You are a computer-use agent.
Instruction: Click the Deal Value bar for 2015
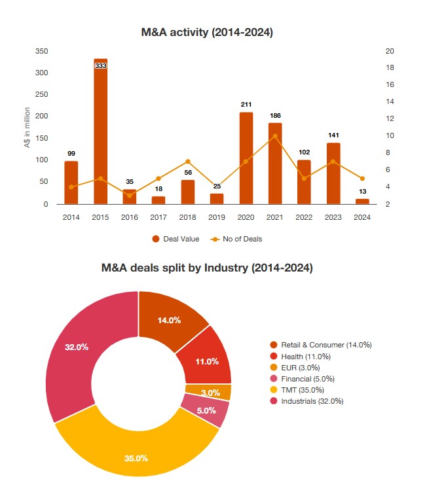click(x=100, y=131)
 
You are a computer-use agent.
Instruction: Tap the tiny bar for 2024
click(x=362, y=202)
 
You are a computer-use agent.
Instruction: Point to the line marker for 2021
click(x=275, y=136)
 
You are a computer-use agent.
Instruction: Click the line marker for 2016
click(x=130, y=196)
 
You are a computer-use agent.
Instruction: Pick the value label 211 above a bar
click(x=246, y=105)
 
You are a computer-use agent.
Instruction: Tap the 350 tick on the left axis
click(x=41, y=51)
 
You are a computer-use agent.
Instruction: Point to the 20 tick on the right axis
click(x=390, y=51)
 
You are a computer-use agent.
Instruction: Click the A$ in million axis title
click(x=28, y=128)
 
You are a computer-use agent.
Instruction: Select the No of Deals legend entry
click(x=236, y=239)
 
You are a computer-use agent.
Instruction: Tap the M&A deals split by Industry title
click(x=207, y=268)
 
